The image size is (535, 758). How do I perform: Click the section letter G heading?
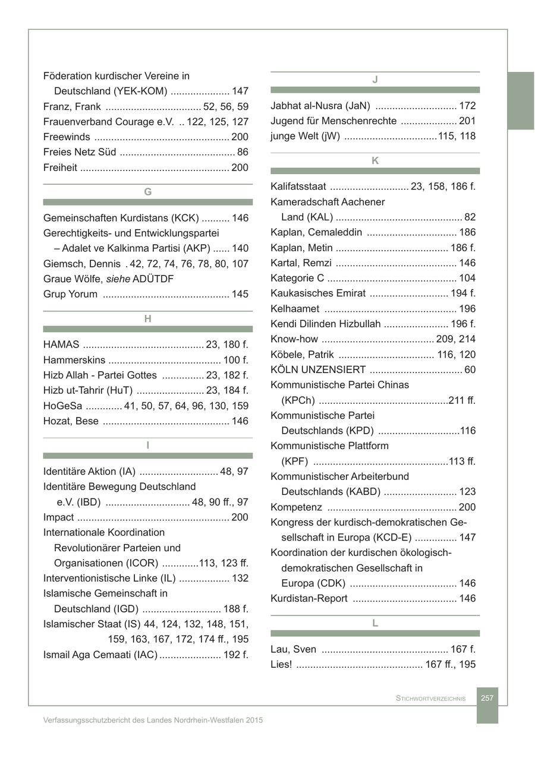pos(148,192)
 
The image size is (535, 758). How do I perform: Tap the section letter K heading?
pos(375,161)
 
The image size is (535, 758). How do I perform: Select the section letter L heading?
pos(375,623)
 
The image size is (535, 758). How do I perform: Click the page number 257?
pos(487,698)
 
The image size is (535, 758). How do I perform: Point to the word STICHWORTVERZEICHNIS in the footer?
pos(430,699)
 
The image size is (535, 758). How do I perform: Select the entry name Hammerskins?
pos(74,360)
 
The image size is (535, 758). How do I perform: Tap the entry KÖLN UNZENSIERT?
pos(318,370)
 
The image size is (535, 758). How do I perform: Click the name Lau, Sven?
pos(294,649)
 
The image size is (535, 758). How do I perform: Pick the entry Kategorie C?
pos(297,279)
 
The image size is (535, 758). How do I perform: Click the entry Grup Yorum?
pos(70,294)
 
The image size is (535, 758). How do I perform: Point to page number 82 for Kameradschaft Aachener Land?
pos(470,217)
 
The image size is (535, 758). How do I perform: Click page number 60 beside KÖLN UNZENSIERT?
pos(470,370)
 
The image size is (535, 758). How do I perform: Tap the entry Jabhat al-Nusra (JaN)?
pos(320,106)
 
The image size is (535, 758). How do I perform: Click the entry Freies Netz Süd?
pos(80,153)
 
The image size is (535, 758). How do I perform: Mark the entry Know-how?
pos(294,340)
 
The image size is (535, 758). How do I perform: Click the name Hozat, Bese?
pos(71,421)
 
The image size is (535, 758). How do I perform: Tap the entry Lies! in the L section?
pos(281,665)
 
